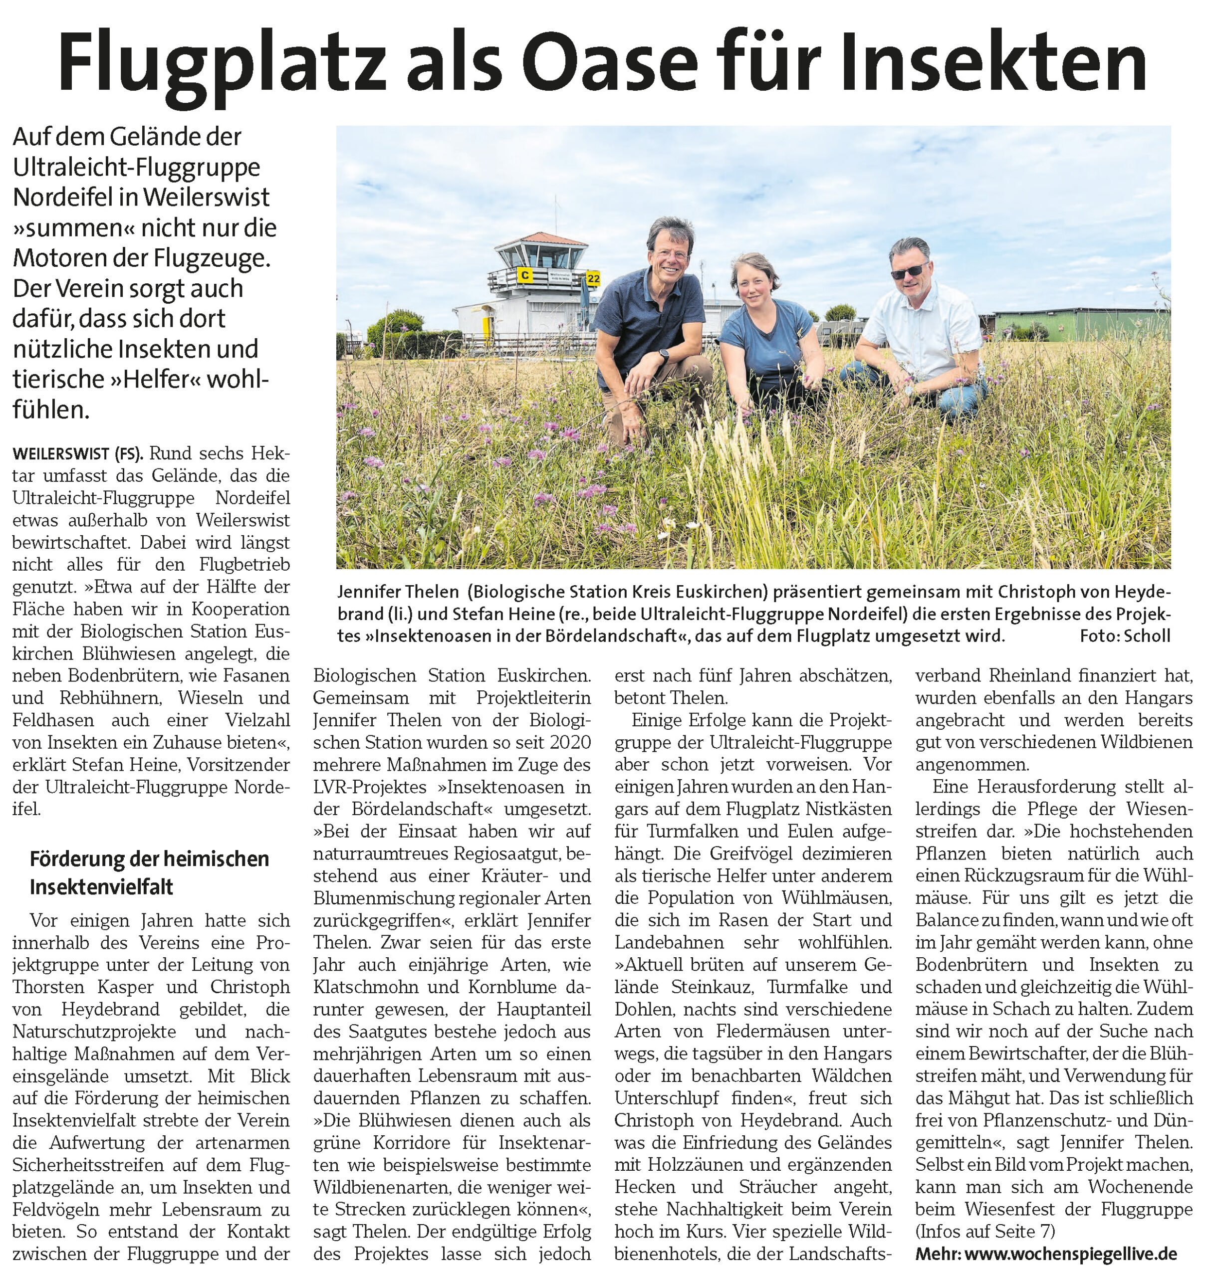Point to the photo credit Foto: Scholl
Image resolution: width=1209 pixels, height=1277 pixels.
click(1125, 636)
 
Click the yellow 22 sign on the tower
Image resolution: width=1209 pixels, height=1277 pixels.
click(593, 278)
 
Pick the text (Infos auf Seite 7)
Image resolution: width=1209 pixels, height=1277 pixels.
click(985, 1231)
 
